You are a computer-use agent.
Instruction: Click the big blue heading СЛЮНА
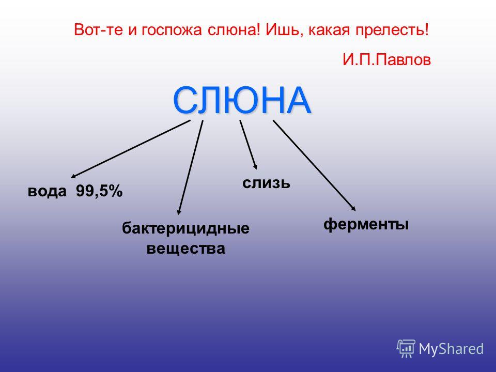click(x=242, y=100)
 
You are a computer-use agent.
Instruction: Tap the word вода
click(x=47, y=191)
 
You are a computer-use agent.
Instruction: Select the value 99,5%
click(x=99, y=191)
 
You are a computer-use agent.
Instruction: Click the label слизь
click(x=266, y=183)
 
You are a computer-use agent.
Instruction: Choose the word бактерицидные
click(x=185, y=228)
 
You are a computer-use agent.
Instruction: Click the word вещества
click(x=185, y=249)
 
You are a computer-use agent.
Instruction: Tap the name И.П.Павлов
click(x=386, y=59)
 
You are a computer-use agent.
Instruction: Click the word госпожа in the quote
click(x=172, y=30)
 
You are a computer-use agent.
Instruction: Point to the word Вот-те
click(x=98, y=30)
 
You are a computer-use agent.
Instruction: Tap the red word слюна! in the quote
click(x=234, y=30)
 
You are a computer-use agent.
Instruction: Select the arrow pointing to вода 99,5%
click(x=130, y=149)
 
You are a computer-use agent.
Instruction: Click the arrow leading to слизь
click(x=249, y=145)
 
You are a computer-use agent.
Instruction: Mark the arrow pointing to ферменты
click(x=315, y=165)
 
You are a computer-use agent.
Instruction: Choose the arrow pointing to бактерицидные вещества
click(x=190, y=167)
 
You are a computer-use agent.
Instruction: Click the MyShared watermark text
click(x=451, y=349)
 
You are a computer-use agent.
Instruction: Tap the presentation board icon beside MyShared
click(x=406, y=349)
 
